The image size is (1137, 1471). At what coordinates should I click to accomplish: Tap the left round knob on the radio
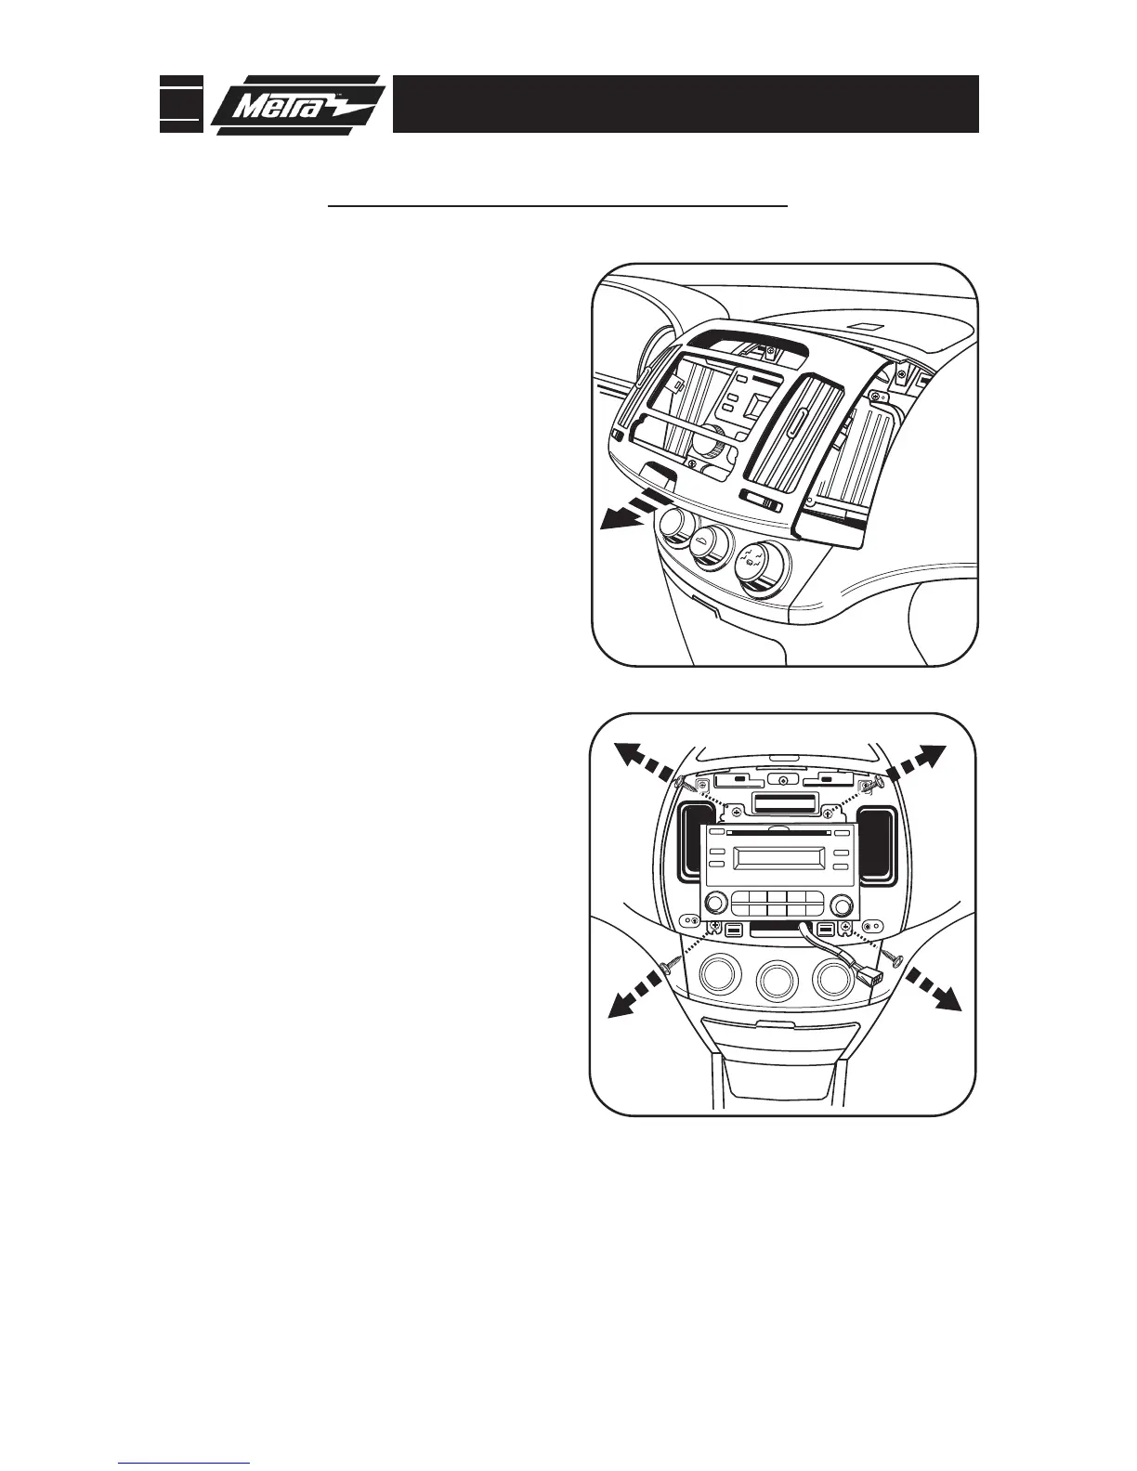coord(715,903)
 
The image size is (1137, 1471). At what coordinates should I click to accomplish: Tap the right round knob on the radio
coord(841,903)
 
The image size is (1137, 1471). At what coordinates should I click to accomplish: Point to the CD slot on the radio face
coord(776,833)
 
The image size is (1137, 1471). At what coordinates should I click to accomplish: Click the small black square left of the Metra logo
coord(180,102)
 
